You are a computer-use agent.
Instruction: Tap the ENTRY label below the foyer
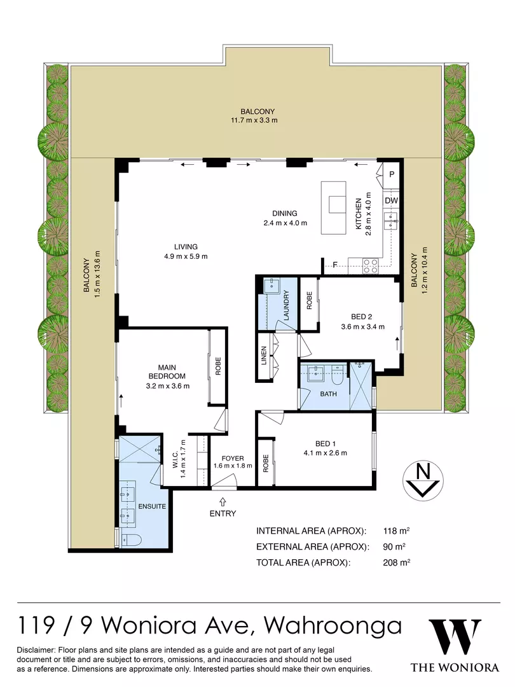click(223, 513)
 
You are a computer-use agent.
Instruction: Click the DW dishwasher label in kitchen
click(391, 201)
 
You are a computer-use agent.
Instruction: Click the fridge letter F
click(334, 265)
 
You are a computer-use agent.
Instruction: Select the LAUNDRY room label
click(287, 305)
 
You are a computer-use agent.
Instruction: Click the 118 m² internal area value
click(397, 531)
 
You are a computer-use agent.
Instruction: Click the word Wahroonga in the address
click(333, 626)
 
